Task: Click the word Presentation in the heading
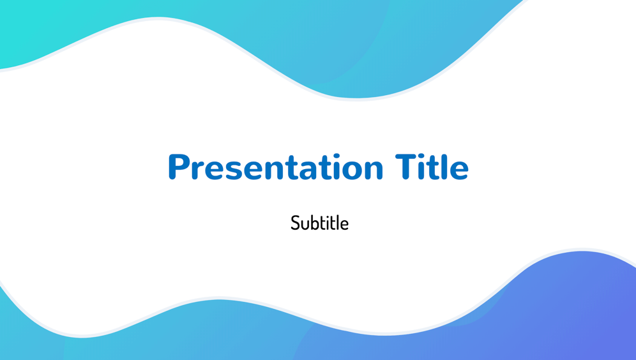(276, 167)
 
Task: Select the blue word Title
(432, 167)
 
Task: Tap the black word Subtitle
(320, 223)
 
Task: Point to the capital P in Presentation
(178, 167)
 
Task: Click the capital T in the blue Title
(406, 167)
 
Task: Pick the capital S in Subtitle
(295, 223)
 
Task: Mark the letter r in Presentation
(197, 170)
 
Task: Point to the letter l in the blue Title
(443, 167)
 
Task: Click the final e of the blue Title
(459, 170)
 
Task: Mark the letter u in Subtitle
(305, 225)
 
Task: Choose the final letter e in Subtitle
(344, 225)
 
